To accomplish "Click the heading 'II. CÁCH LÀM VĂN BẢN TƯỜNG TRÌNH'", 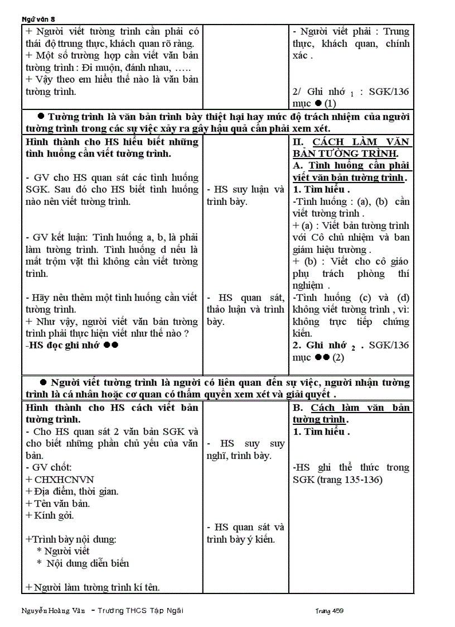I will tap(351, 147).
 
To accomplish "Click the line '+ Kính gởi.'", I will tap(50, 515).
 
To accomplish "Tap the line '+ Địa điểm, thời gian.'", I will tap(72, 491).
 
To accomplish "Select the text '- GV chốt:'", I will tap(49, 467).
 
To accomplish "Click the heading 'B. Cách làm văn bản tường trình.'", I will tap(351, 414).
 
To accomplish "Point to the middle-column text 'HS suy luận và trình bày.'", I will tap(245, 195).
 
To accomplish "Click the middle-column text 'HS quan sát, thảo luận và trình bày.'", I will tap(245, 309).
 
